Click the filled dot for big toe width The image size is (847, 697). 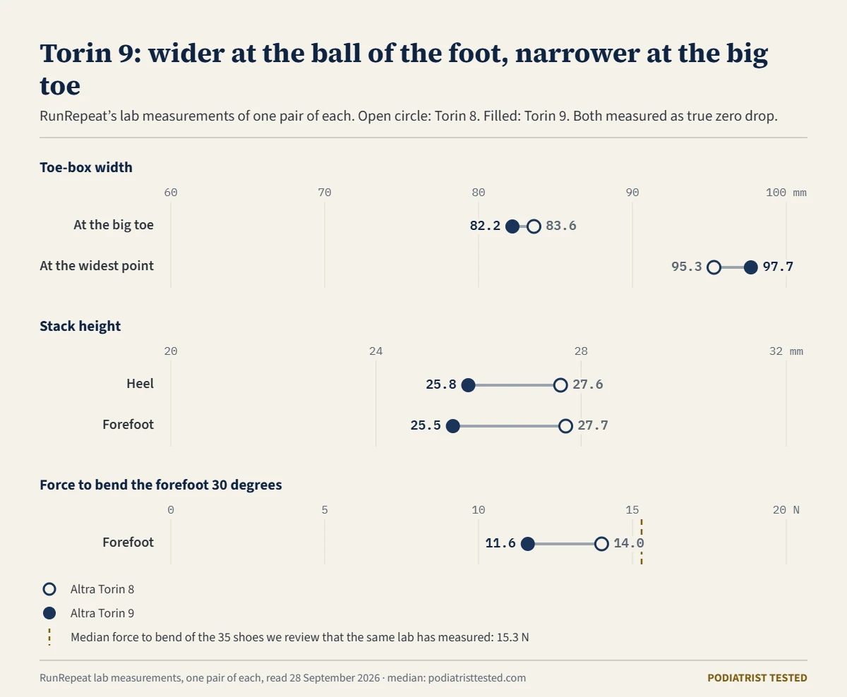[512, 226]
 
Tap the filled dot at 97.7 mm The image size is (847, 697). [750, 267]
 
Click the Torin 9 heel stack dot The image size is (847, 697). [468, 385]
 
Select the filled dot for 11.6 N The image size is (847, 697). [528, 544]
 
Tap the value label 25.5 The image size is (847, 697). [426, 425]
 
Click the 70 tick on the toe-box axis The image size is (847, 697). [325, 193]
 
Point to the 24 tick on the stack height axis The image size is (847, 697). [376, 351]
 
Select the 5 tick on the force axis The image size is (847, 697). [325, 510]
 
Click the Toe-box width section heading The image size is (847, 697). [86, 167]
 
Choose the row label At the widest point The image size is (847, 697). [97, 266]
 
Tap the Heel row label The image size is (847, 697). [140, 384]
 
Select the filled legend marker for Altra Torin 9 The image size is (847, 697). [49, 614]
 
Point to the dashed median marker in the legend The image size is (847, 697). [49, 637]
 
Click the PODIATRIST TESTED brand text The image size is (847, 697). [757, 678]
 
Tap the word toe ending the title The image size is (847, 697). [60, 85]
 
